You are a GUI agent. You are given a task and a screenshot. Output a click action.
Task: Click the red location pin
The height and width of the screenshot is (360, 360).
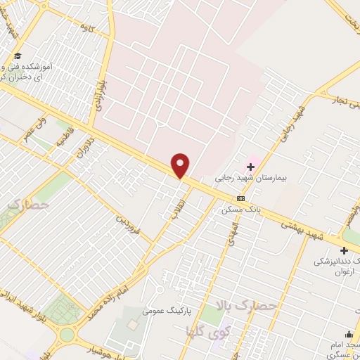point(181,165)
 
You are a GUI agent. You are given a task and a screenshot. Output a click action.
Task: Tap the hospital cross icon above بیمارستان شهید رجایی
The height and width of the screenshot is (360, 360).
point(250,167)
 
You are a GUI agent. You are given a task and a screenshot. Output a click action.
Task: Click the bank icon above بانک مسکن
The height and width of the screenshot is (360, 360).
point(240,198)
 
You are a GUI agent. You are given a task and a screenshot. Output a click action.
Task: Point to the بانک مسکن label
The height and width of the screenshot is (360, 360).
point(238,210)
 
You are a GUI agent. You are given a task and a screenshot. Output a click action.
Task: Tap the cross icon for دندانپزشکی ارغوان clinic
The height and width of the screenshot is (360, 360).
point(344,250)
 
